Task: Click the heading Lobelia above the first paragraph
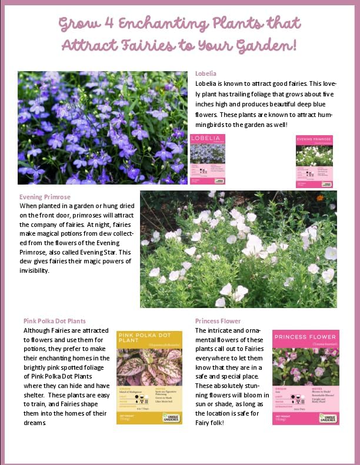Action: click(206, 73)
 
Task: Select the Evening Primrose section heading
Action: click(45, 197)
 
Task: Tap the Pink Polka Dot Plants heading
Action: click(55, 321)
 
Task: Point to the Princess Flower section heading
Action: click(218, 321)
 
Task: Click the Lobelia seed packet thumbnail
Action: click(208, 160)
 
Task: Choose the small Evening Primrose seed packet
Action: click(314, 161)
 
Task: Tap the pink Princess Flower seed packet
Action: click(305, 377)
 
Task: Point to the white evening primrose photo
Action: click(238, 249)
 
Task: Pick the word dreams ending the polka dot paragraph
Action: click(35, 422)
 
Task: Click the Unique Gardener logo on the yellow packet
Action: click(172, 417)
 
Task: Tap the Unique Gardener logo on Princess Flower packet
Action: click(328, 418)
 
